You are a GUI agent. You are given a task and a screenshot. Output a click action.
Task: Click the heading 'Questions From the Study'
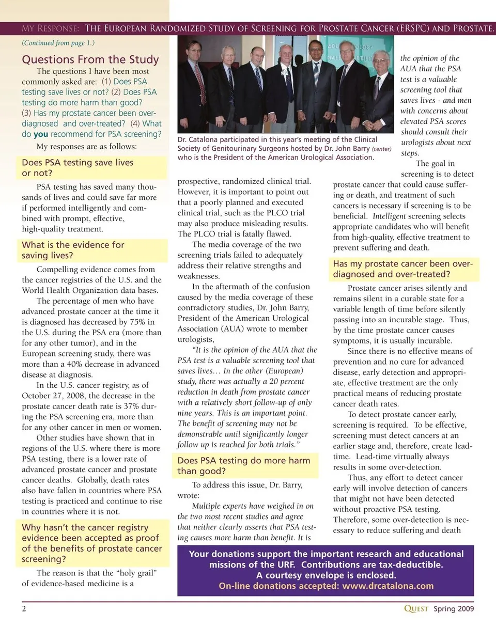coord(90,59)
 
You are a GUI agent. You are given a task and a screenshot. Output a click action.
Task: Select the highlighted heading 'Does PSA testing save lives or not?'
coord(78,168)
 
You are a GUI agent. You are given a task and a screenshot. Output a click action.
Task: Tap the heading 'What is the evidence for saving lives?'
coord(73,250)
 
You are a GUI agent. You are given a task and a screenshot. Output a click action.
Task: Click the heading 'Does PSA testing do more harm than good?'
coord(244,466)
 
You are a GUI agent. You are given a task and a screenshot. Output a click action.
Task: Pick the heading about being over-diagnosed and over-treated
coord(402,269)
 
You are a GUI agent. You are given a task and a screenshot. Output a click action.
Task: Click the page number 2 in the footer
coord(24,608)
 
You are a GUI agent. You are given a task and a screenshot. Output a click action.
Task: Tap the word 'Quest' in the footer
coord(416,608)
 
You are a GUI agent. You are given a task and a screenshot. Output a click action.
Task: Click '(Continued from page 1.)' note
coord(58,43)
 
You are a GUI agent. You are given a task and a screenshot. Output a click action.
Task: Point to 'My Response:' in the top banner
coord(50,28)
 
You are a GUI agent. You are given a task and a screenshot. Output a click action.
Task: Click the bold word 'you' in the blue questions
coord(41,134)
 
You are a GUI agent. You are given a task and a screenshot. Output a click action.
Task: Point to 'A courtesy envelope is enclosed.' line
coord(326,575)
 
